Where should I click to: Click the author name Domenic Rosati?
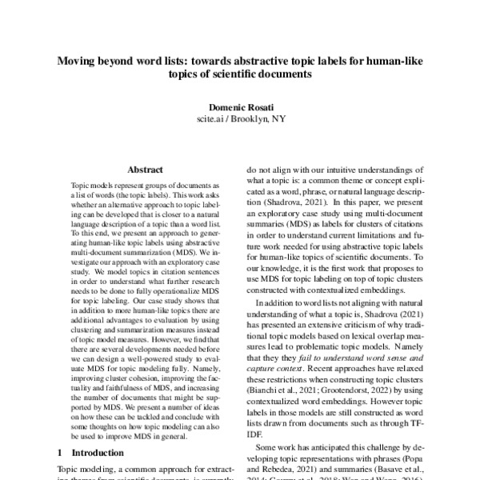[240, 106]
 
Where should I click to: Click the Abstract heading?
[145, 170]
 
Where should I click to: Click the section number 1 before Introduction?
[62, 453]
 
